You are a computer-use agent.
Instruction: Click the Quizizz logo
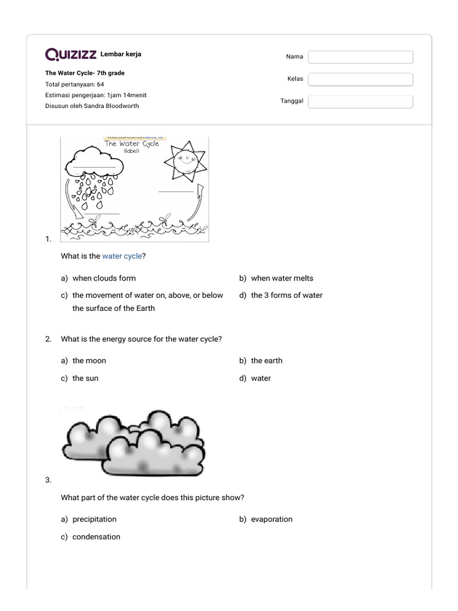pos(71,55)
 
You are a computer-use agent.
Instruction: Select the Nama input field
pos(360,57)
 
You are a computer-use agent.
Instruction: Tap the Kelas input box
pos(360,79)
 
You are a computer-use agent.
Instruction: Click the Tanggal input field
pos(360,101)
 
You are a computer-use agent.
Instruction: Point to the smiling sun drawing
pos(185,160)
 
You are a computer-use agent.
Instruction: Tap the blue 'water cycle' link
pos(122,256)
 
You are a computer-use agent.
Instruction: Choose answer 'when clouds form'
pos(104,278)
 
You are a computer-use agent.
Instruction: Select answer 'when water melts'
pos(281,278)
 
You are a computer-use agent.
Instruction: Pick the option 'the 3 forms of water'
pos(286,295)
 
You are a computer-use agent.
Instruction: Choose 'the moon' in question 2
pos(89,360)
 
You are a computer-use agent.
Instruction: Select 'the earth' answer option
pos(267,360)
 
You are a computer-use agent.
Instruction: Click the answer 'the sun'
pos(85,378)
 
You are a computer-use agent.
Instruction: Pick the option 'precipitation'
pos(94,519)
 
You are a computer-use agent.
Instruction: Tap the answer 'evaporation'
pos(271,519)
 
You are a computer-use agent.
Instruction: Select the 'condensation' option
pos(96,536)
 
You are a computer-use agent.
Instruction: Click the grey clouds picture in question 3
pos(134,442)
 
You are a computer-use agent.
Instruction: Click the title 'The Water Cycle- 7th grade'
pos(85,73)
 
